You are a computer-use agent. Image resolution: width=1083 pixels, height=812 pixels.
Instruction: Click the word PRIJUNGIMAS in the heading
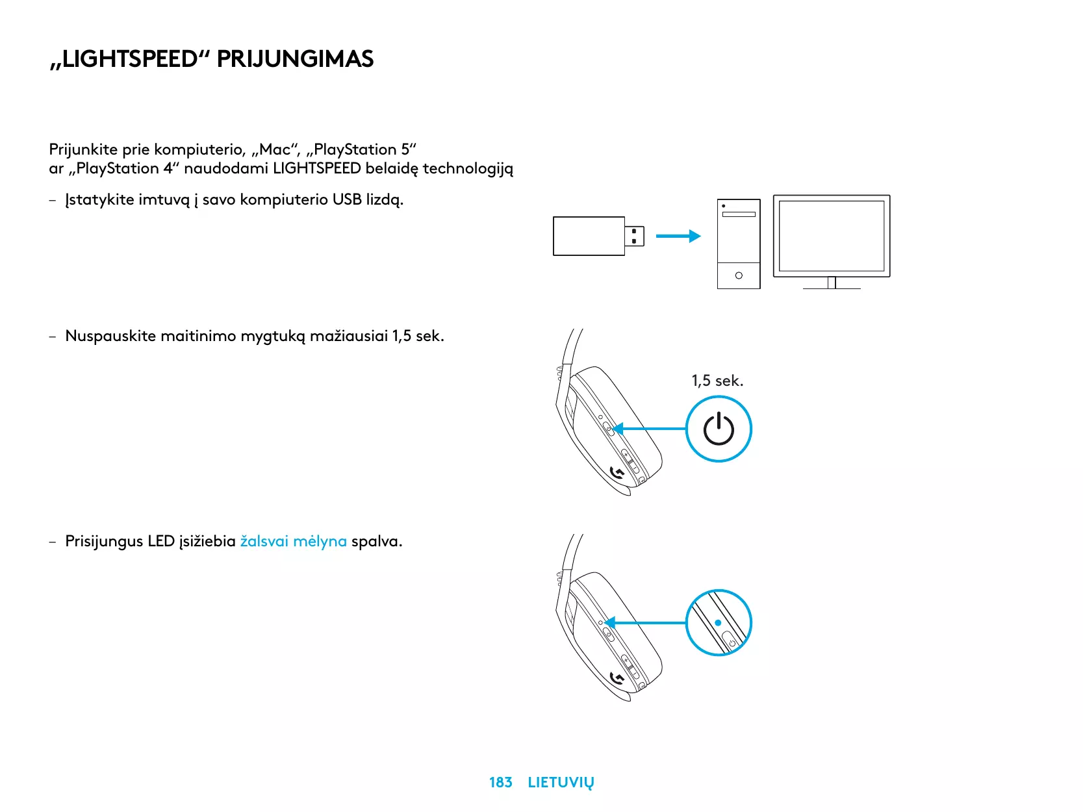point(295,59)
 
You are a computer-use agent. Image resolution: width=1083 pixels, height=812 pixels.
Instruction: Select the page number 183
point(500,782)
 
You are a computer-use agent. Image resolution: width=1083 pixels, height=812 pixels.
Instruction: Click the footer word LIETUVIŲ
point(561,783)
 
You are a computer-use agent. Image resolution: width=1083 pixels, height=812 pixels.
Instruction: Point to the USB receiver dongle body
point(589,236)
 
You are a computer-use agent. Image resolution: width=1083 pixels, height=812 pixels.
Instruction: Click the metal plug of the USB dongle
point(635,236)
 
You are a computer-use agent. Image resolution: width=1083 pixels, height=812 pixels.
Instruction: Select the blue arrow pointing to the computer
point(678,236)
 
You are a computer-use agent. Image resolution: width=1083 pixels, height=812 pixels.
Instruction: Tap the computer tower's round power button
point(739,275)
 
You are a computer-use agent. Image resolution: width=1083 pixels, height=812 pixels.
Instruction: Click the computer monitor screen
point(832,236)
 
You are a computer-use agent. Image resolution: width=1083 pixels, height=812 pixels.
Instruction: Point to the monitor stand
point(832,283)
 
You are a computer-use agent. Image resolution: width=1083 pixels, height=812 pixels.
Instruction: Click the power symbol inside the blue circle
point(719,429)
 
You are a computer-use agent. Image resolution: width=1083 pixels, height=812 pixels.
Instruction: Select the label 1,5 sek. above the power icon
point(717,381)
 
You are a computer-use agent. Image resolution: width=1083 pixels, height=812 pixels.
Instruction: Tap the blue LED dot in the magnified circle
point(718,622)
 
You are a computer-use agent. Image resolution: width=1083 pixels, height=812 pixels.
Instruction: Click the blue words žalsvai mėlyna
point(293,541)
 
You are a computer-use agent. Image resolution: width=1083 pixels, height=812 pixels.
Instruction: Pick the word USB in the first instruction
point(347,199)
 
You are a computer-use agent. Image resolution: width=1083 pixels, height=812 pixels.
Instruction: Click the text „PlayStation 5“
point(361,149)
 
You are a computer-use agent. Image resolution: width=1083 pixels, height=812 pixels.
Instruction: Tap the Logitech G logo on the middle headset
point(618,474)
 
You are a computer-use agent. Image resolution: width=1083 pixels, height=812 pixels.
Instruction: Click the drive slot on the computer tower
point(739,214)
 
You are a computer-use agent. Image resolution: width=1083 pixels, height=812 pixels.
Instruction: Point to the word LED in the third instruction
point(161,541)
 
